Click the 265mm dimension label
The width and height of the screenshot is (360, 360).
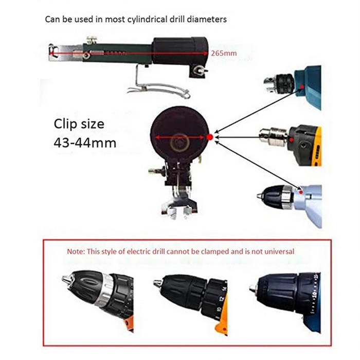pyautogui.click(x=224, y=53)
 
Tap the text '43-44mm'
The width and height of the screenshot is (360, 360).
pyautogui.click(x=85, y=143)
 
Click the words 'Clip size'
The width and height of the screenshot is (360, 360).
pyautogui.click(x=79, y=124)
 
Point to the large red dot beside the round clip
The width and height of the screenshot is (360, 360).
pyautogui.click(x=210, y=137)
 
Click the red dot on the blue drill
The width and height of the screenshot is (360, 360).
pyautogui.click(x=302, y=87)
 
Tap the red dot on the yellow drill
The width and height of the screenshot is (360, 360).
pyautogui.click(x=292, y=139)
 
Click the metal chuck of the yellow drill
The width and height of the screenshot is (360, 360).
pyautogui.click(x=273, y=137)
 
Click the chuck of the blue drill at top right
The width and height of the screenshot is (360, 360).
pyautogui.click(x=279, y=84)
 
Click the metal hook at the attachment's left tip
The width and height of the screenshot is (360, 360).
pyautogui.click(x=52, y=50)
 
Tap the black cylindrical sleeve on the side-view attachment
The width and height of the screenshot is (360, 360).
pyautogui.click(x=181, y=50)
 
